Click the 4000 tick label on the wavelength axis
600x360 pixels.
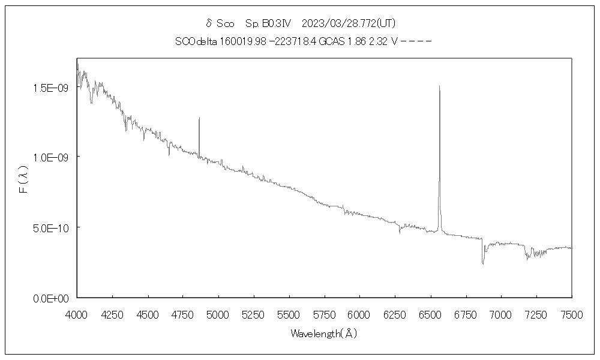coord(77,314)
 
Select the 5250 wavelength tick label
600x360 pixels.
coord(253,314)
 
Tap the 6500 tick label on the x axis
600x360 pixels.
coord(429,314)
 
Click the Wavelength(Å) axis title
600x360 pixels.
coord(324,334)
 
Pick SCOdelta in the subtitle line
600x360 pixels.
coord(193,41)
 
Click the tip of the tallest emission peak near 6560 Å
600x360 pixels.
coord(439,86)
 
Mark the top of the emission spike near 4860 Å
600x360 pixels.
coord(199,118)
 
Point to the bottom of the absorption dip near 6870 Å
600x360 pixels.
coord(482,263)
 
